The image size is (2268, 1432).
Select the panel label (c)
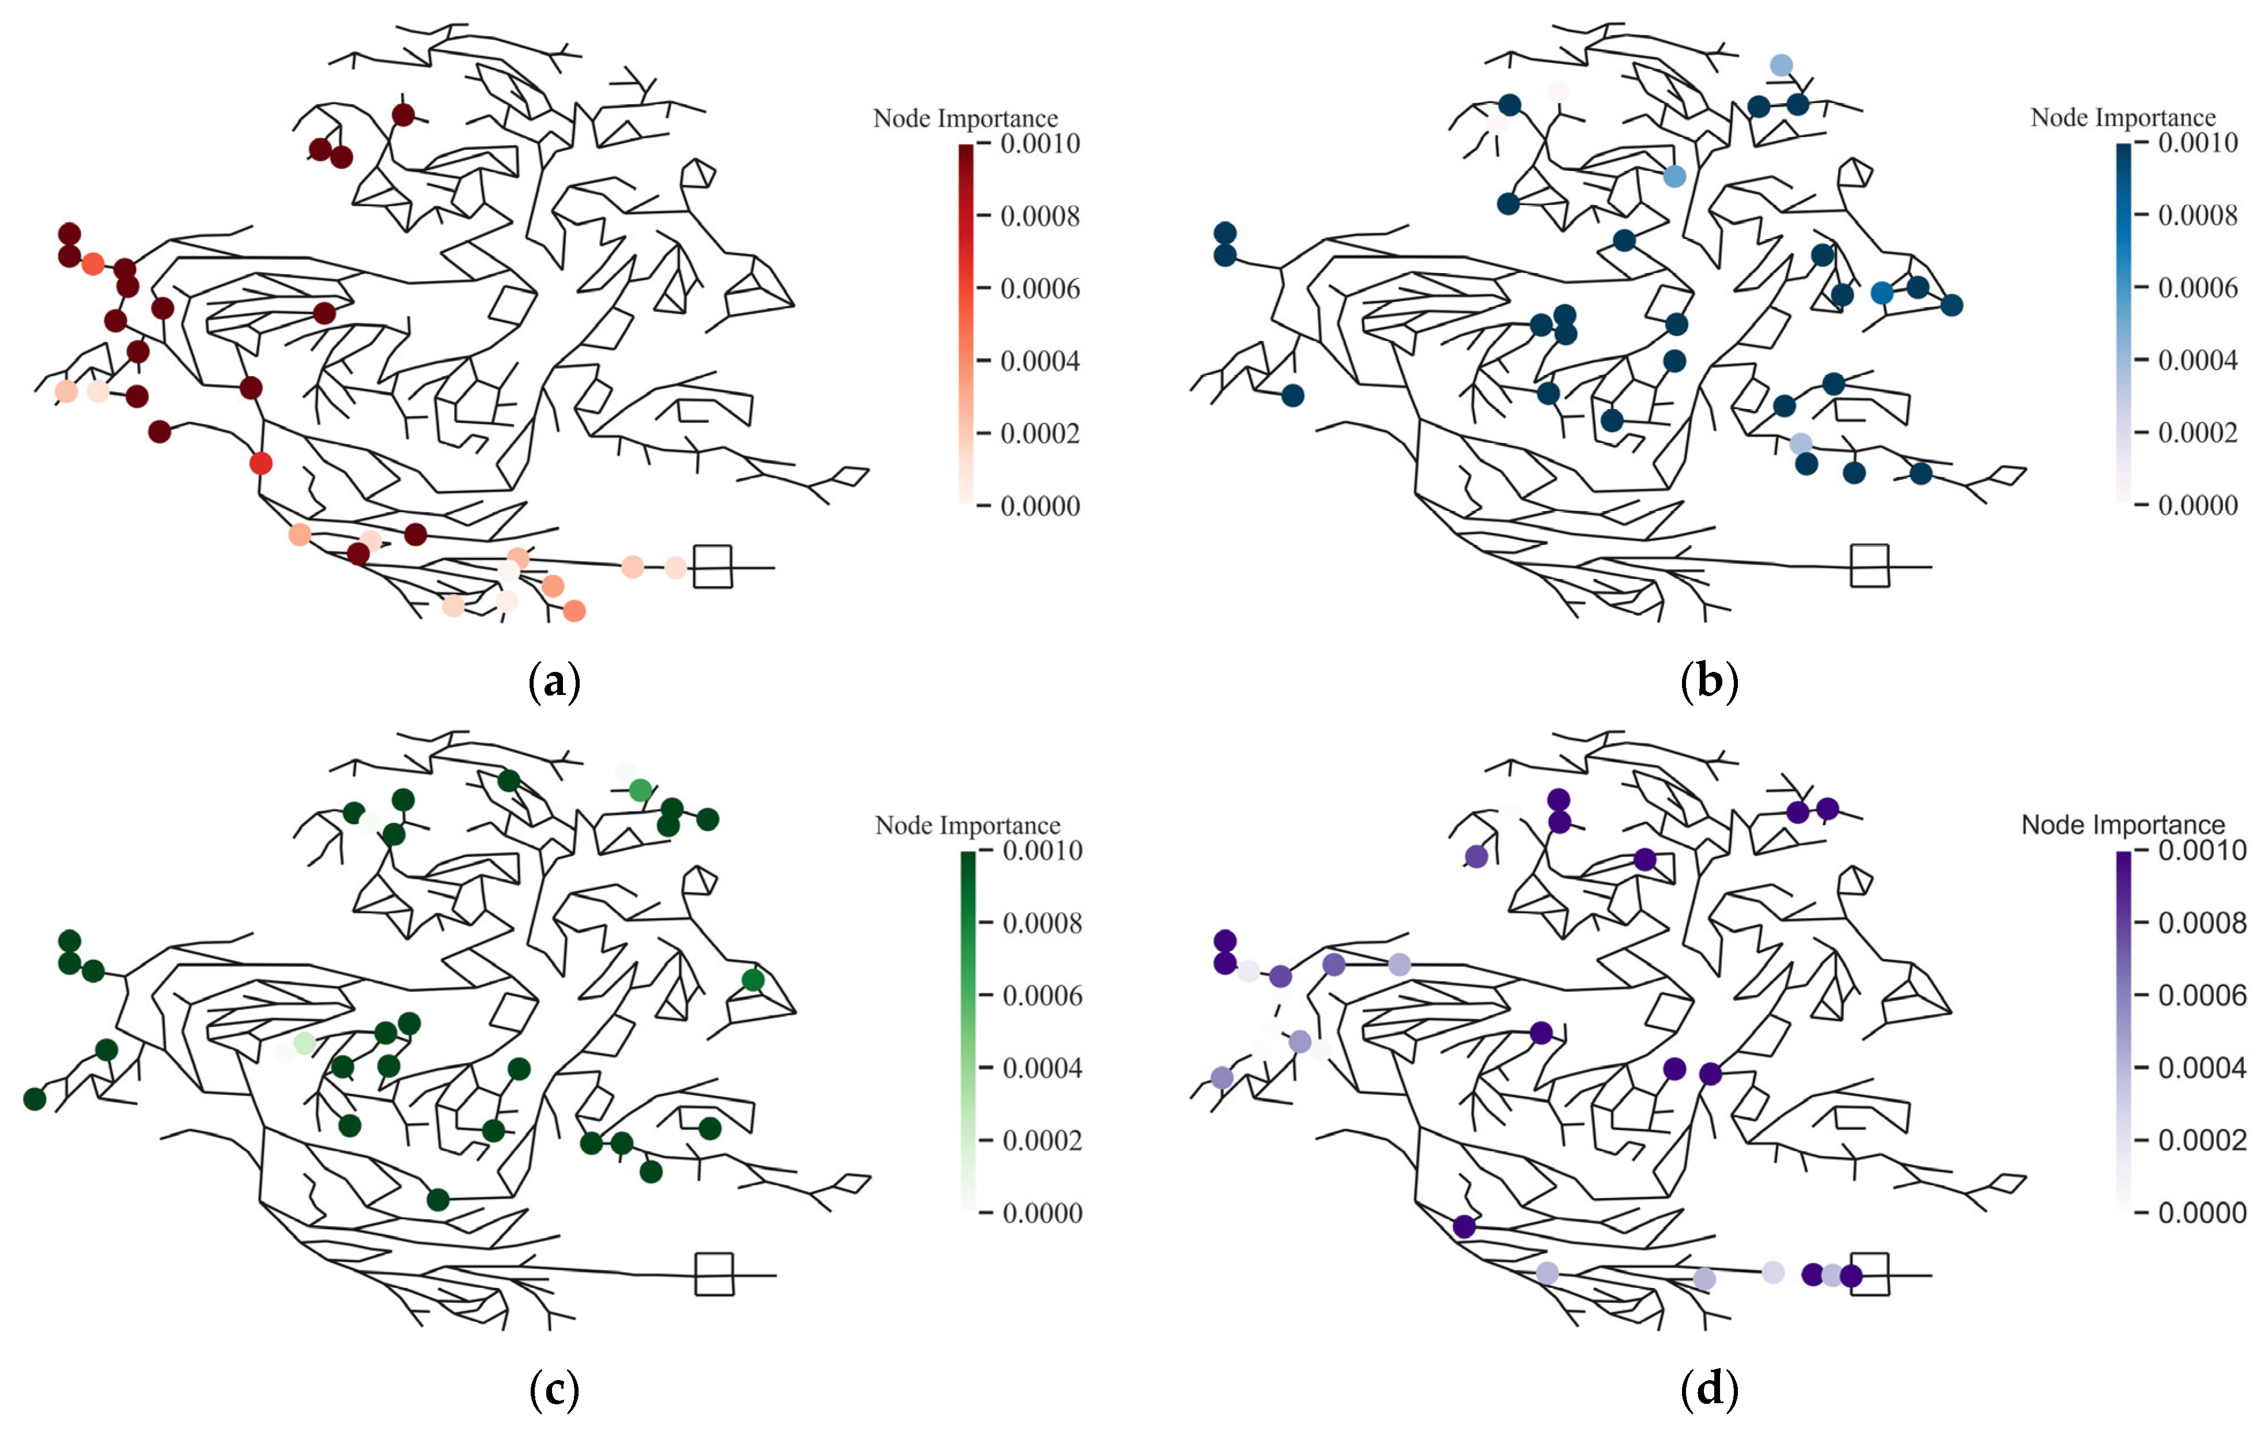point(554,1389)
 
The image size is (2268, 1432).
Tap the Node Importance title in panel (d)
point(2123,825)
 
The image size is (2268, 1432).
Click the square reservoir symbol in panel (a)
point(713,566)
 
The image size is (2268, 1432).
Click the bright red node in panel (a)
point(261,463)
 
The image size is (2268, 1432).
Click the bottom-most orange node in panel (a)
point(573,611)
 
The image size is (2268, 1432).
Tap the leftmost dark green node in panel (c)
point(35,1098)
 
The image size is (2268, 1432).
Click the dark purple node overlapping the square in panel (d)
point(1851,1276)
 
